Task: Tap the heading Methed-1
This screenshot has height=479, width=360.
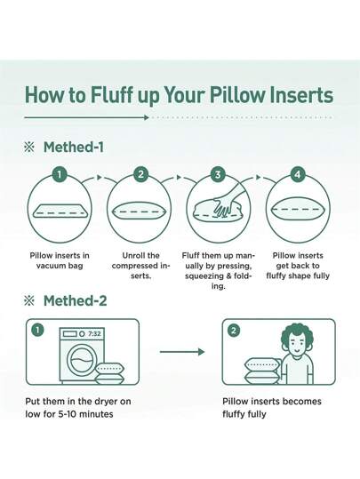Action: click(x=75, y=147)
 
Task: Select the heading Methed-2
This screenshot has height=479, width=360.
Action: click(x=75, y=300)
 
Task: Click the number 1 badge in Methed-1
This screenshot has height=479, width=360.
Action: click(x=60, y=175)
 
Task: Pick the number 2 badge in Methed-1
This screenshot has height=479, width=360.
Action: click(x=140, y=175)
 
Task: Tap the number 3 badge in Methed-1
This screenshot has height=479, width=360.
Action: click(x=219, y=175)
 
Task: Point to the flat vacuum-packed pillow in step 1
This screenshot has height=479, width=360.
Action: click(x=60, y=212)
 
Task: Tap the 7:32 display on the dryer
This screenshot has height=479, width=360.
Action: click(x=94, y=332)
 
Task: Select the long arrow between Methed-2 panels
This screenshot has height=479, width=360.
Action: click(x=181, y=353)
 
